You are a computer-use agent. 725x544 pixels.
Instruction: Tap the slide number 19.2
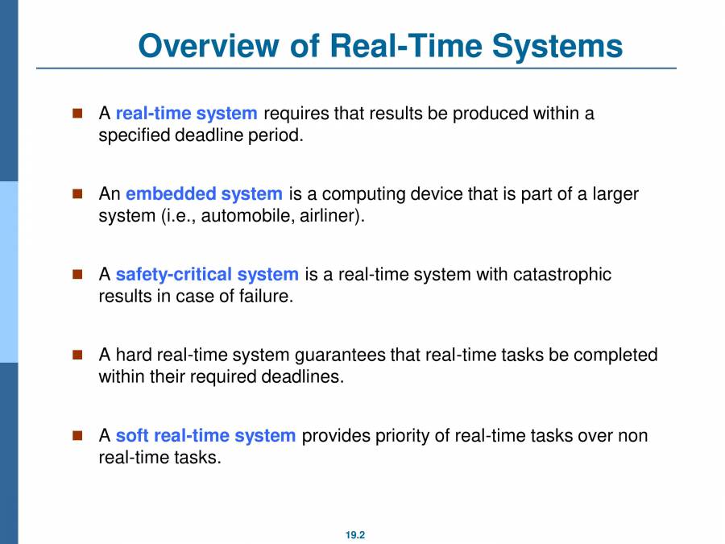355,534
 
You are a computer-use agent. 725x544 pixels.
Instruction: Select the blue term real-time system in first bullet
186,113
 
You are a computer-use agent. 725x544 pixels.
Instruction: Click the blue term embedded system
204,193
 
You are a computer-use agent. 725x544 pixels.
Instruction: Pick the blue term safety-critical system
207,274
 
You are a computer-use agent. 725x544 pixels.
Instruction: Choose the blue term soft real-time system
205,436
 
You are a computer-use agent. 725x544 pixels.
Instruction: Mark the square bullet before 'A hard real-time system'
78,355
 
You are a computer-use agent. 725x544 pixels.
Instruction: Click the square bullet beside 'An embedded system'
78,193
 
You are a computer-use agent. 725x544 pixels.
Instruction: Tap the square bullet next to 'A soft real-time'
78,435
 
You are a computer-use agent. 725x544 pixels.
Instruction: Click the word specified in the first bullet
131,135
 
